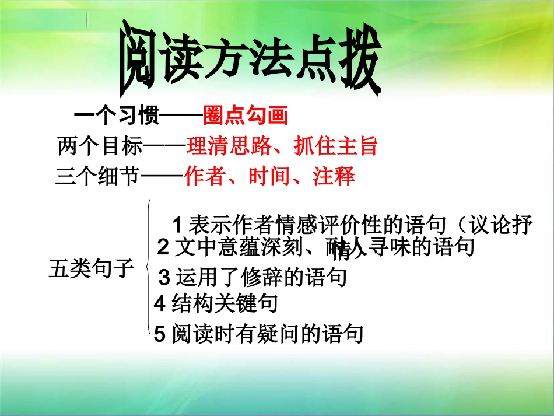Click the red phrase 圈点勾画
[246, 116]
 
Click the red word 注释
[334, 176]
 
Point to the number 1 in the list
[179, 224]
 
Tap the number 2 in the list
[164, 248]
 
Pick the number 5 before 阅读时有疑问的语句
[160, 334]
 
